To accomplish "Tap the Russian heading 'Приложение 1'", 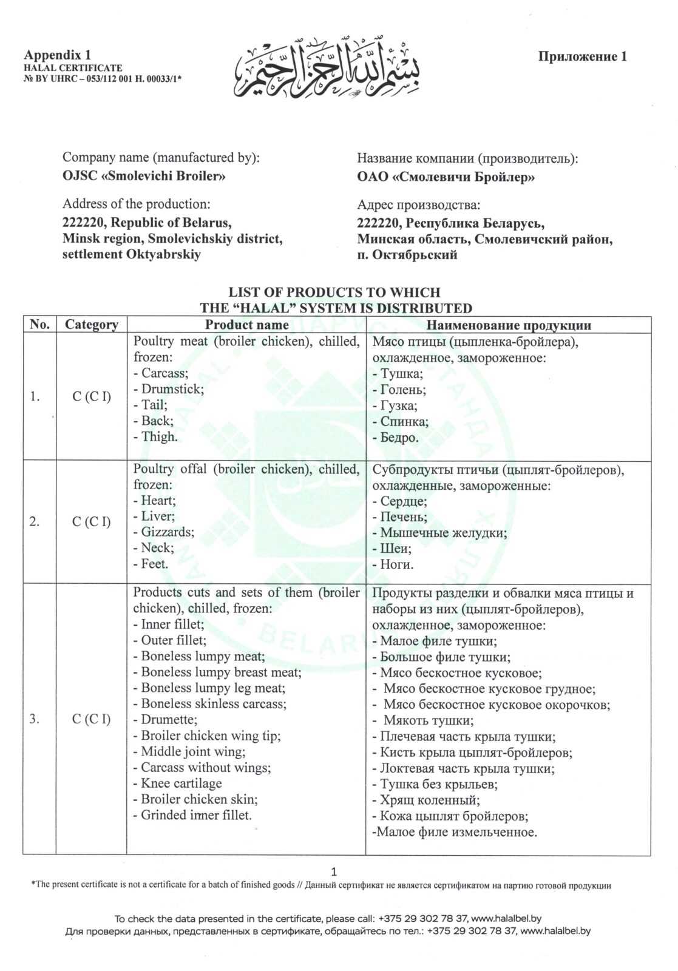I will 582,56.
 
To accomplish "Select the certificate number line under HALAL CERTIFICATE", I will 103,78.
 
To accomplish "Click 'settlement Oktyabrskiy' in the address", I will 132,254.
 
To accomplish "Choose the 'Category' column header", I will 91,325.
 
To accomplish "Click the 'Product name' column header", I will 246,325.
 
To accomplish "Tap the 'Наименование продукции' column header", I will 507,325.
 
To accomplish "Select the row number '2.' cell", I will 35,522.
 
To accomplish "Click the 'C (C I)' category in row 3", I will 91,719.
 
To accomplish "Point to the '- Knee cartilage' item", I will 177,783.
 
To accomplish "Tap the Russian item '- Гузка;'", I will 395,405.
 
